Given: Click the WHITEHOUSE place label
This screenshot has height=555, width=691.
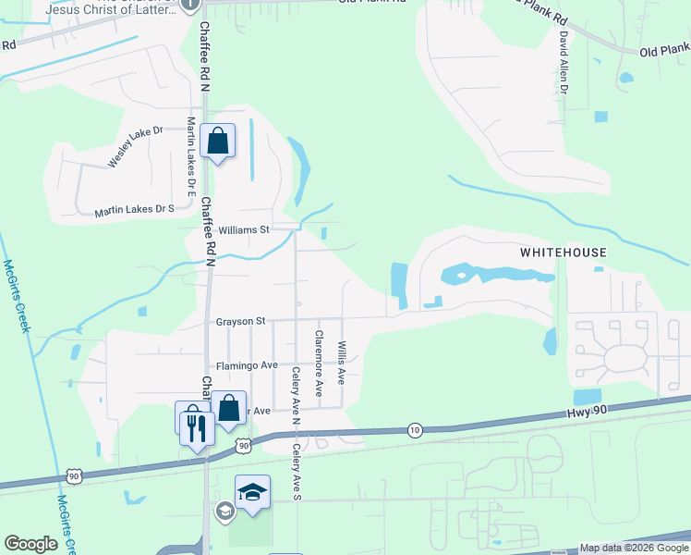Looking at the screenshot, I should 563,253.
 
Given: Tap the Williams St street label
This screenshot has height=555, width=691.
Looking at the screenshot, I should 243,228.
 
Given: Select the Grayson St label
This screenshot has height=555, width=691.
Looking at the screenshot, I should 240,321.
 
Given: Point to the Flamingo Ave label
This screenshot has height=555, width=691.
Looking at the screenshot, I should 247,365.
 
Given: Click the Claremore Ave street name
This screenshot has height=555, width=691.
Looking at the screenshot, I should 319,364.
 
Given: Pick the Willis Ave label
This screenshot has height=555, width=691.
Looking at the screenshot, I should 341,364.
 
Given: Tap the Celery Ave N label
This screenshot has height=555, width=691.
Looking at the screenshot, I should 297,397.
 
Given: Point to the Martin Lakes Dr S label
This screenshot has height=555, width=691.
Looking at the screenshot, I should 134,211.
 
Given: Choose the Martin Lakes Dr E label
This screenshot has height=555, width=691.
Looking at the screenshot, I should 191,156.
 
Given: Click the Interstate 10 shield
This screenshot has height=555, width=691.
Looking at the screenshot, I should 416,430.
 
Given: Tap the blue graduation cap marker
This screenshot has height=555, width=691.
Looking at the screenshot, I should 252,493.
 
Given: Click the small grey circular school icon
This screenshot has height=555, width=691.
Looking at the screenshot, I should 224,511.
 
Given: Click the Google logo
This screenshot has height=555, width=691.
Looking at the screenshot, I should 30,545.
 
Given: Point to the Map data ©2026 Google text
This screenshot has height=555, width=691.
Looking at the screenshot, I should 633,548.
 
